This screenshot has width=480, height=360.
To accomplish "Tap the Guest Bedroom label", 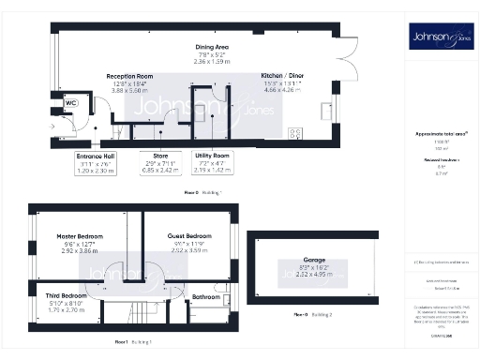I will point(188,236).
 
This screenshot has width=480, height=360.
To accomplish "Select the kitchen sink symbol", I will point(325,112).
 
